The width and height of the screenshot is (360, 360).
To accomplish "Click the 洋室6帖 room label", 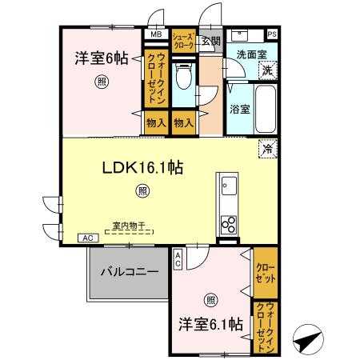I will (102, 58).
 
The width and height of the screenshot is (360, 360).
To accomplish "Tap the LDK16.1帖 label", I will (143, 168).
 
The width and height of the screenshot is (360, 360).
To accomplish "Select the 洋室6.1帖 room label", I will (211, 325).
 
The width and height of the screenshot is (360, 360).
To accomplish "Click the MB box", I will (154, 35).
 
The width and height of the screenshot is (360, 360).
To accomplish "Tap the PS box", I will (273, 34).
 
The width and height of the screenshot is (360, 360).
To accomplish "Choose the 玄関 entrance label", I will (210, 41).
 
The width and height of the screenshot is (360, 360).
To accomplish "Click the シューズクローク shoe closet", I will (183, 39).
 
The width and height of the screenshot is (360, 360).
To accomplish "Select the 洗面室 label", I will (250, 55).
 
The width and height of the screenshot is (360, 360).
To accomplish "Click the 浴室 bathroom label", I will (240, 109).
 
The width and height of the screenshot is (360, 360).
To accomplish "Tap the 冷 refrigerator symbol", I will (267, 148).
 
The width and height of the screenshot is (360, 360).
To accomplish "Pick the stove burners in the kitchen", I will (228, 222).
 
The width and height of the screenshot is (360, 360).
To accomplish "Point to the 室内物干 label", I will (129, 226).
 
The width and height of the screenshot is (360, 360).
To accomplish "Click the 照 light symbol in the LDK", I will (142, 190).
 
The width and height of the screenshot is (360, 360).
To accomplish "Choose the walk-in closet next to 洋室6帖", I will (155, 79).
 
